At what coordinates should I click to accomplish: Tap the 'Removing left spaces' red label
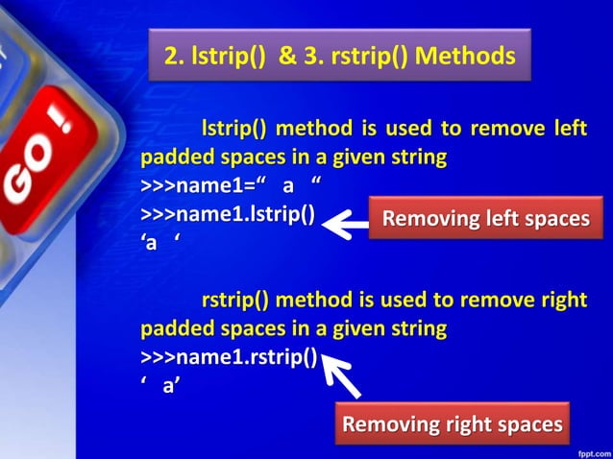(x=485, y=219)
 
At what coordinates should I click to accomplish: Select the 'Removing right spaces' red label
(x=453, y=423)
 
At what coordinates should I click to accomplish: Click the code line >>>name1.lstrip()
(x=228, y=213)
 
